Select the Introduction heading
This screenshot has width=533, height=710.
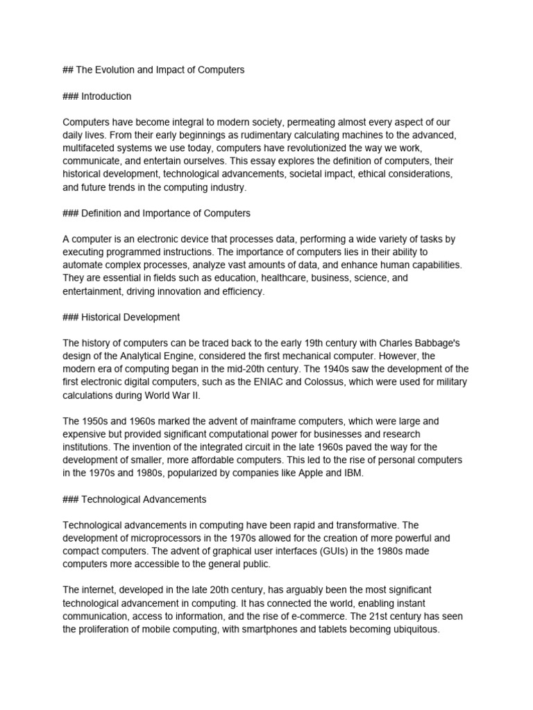click(x=106, y=96)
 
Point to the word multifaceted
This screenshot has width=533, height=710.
click(x=90, y=148)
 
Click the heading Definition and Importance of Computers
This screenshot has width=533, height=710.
click(x=166, y=213)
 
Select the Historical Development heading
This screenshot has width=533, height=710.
click(x=130, y=317)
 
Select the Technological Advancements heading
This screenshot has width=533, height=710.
click(x=144, y=499)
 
